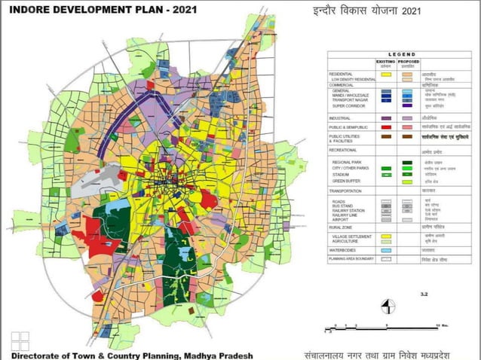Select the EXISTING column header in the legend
[x=385, y=62]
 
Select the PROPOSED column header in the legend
[x=411, y=62]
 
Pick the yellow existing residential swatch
[x=385, y=74]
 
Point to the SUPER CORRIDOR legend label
[x=348, y=106]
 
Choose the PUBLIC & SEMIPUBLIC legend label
[x=349, y=127]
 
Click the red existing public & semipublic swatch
[x=385, y=127]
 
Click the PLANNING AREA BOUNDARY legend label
[x=351, y=258]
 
